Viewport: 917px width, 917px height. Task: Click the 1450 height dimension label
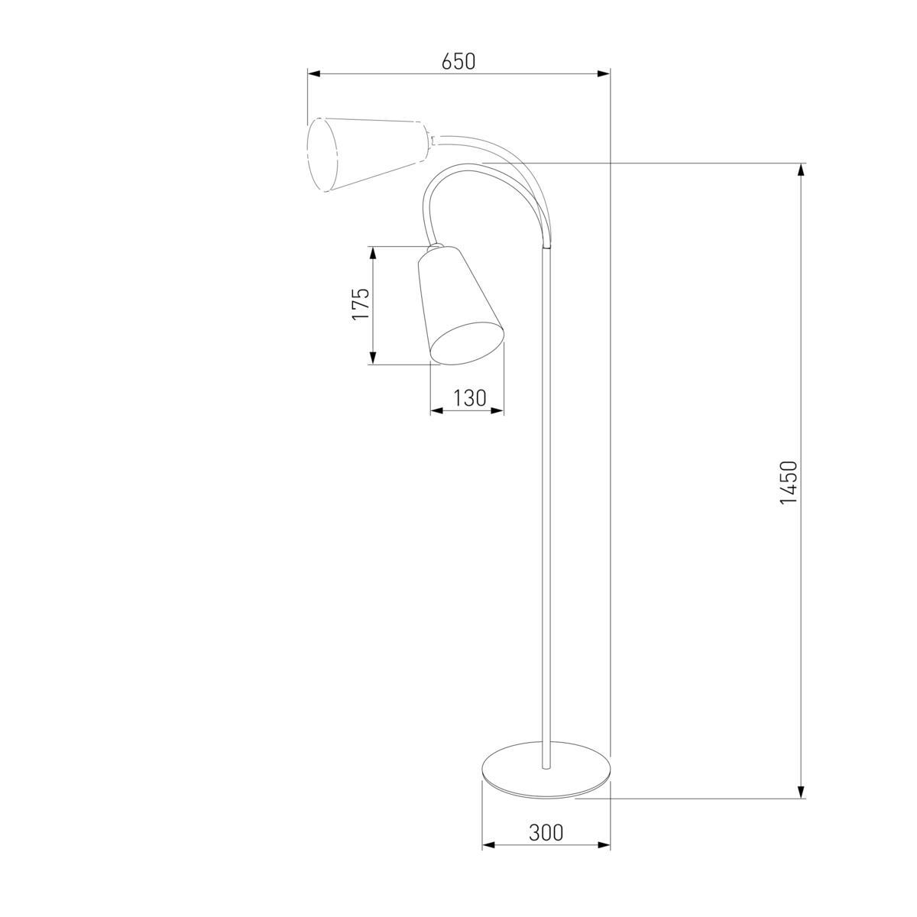pyautogui.click(x=789, y=482)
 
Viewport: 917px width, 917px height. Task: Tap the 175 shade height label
pyautogui.click(x=361, y=304)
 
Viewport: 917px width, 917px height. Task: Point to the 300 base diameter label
pyautogui.click(x=546, y=832)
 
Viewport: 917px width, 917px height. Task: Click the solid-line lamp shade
pyautogui.click(x=458, y=306)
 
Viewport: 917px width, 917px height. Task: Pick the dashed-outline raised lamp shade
pyautogui.click(x=363, y=154)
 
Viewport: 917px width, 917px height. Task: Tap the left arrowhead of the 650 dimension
pyautogui.click(x=313, y=74)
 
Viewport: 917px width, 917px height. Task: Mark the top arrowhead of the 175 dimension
pyautogui.click(x=373, y=252)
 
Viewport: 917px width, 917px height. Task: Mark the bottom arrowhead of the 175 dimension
pyautogui.click(x=373, y=358)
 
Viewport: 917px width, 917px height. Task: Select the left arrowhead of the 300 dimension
pyautogui.click(x=488, y=845)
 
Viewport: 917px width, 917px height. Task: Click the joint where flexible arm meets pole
pyautogui.click(x=546, y=247)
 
